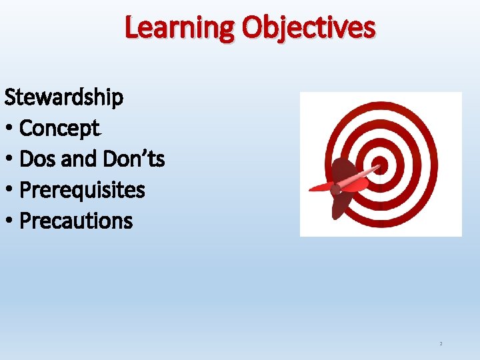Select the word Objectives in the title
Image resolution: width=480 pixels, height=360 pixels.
309,28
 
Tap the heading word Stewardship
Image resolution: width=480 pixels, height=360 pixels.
64,97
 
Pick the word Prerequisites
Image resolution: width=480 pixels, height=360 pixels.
82,190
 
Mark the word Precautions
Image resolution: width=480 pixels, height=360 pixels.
76,221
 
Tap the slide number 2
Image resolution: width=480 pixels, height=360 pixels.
441,344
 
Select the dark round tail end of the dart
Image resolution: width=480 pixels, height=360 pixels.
335,189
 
